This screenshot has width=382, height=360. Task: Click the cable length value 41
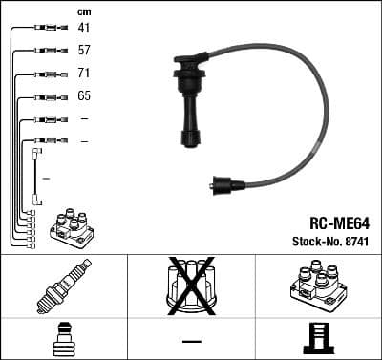83,29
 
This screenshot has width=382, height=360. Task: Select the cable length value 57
83,51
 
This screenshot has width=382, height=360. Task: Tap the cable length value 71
83,74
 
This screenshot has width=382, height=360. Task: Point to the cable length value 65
83,96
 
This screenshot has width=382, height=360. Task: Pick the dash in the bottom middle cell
191,340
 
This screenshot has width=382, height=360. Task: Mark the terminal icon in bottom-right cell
317,339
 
